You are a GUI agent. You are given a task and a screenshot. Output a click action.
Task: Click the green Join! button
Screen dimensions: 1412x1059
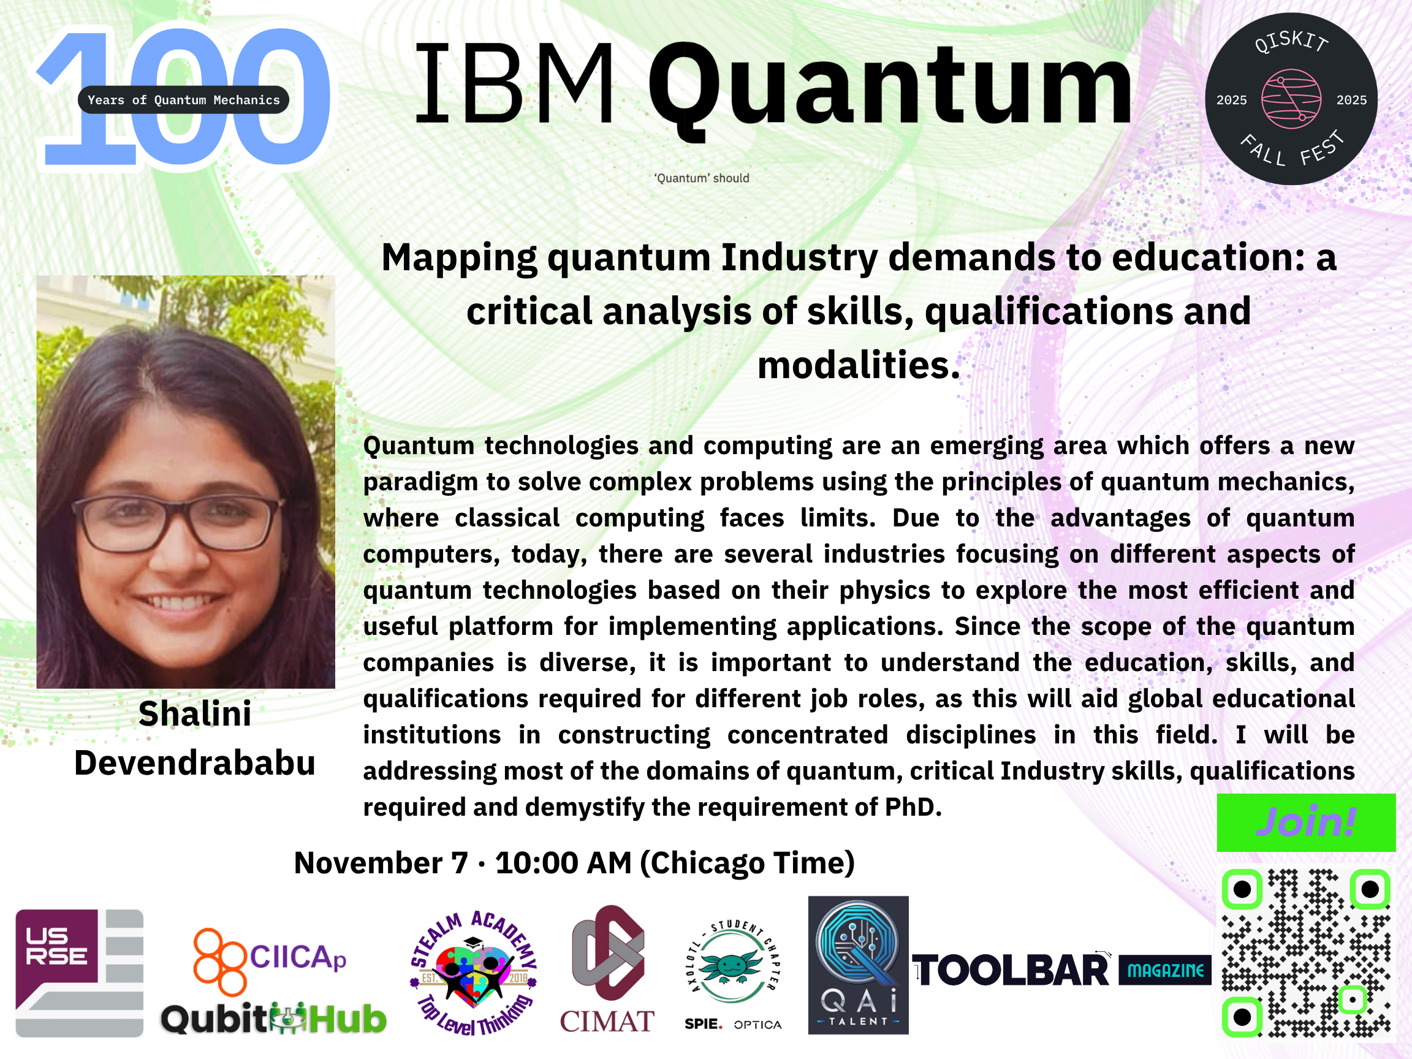coord(1306,822)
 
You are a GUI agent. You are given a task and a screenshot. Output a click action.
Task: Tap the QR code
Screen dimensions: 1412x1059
coord(1306,953)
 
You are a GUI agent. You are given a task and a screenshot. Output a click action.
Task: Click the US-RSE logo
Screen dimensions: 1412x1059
coord(79,973)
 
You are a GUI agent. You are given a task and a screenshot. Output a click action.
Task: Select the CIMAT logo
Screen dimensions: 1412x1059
coord(607,969)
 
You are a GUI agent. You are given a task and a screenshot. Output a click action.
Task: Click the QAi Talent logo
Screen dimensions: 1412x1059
coord(858,965)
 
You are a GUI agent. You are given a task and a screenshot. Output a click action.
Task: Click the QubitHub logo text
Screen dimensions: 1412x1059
coord(273,1018)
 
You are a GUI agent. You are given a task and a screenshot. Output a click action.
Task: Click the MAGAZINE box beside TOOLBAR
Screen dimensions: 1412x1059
coord(1165,970)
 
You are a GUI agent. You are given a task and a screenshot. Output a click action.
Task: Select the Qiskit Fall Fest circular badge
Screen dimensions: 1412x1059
coord(1291,99)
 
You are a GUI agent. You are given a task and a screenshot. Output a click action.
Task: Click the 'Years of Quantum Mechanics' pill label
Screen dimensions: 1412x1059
coord(183,99)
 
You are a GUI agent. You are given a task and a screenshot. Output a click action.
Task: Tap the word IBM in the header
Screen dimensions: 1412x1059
coord(515,83)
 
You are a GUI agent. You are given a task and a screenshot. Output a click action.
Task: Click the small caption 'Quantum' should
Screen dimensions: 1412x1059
coord(702,178)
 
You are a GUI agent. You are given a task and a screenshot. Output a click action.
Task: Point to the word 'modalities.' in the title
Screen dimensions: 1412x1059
coord(859,365)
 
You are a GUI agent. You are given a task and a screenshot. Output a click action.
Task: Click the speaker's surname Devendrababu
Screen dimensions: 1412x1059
coord(195,763)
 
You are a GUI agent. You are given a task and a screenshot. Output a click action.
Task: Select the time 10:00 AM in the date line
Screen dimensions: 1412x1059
coord(563,863)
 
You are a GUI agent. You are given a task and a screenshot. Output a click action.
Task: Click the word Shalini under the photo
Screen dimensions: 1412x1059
coord(195,713)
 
